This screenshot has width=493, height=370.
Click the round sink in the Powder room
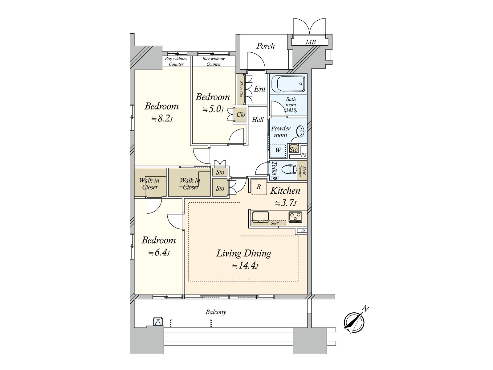(300, 132)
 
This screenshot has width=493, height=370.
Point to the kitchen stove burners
(295, 217)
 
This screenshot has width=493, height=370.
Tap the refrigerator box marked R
(259, 187)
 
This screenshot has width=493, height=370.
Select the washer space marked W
(278, 150)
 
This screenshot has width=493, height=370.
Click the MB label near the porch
(310, 42)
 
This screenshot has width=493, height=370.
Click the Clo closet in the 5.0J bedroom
(241, 115)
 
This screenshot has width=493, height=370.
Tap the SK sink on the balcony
(158, 322)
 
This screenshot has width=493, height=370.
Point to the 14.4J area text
(245, 266)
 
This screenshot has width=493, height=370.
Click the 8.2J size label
(161, 118)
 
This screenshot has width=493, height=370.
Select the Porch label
(266, 46)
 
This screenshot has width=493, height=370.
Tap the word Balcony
(216, 312)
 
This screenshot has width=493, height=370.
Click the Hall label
(258, 120)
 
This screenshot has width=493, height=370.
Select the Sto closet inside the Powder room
(294, 149)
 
